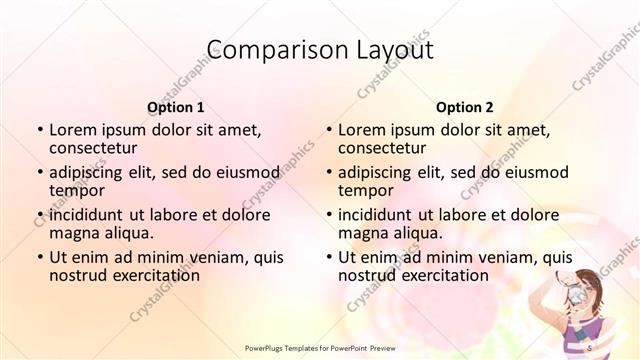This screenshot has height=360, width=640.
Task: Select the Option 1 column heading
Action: pos(176,106)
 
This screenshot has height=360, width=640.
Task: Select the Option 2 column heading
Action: pos(465,106)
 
